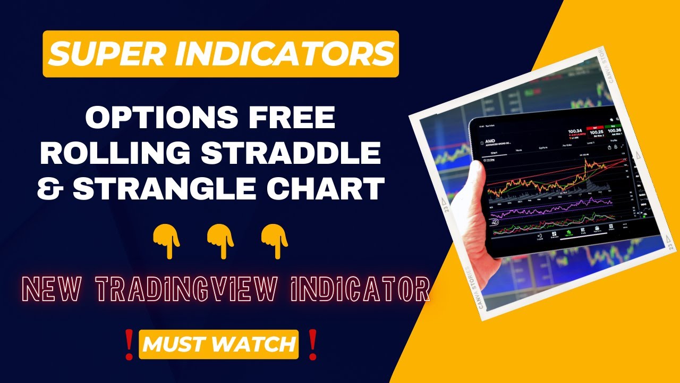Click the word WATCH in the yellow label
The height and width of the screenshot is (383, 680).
point(263,344)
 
